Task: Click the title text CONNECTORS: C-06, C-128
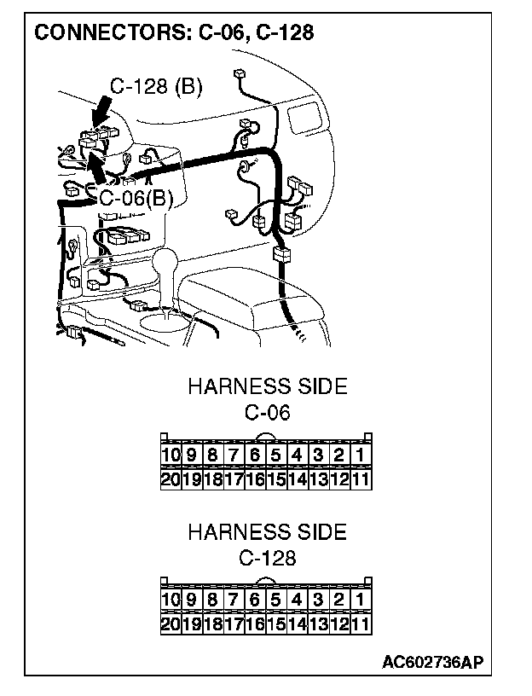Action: [x=173, y=33]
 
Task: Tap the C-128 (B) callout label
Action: [x=156, y=86]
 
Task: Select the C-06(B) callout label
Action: [x=136, y=199]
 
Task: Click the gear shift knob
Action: [x=166, y=259]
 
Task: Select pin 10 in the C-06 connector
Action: [x=171, y=455]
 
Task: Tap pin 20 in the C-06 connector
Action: [x=171, y=478]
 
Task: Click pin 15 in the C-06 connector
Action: [x=275, y=478]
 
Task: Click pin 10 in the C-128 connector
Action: [x=171, y=600]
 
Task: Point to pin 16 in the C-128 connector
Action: [x=254, y=623]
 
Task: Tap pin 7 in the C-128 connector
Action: [x=234, y=600]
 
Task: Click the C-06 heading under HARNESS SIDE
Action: [x=267, y=413]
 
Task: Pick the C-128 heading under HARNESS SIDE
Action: [x=267, y=559]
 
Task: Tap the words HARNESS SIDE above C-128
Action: [x=267, y=532]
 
